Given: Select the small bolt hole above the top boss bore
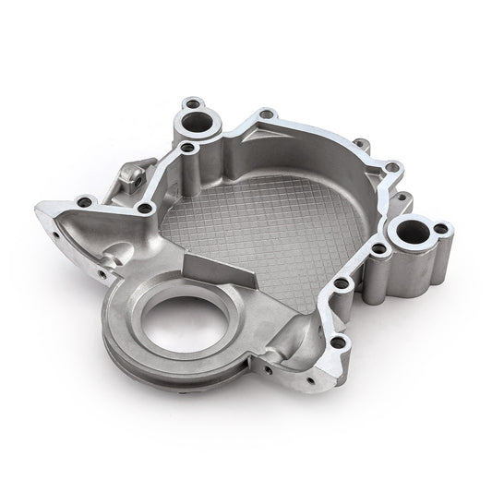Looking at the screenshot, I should pos(191,102).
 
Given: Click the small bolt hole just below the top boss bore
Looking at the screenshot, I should pos(187,147).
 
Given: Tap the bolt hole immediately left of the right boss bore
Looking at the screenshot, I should pos(378,248).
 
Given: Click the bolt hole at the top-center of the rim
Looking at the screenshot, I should pos(266,114).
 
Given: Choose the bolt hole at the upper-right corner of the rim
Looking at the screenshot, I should pos(392,168).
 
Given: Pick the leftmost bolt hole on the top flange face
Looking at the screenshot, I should pos(85,200).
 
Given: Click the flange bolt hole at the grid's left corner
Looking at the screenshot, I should pos(145,208).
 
